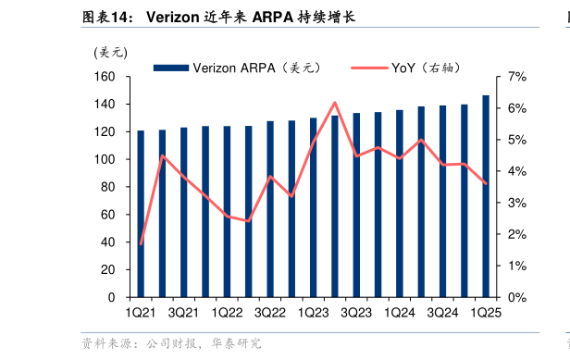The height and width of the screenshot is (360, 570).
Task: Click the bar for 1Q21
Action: click(x=141, y=214)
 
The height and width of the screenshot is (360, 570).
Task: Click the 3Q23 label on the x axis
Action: click(x=356, y=313)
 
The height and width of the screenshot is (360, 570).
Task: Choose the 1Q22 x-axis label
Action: click(x=227, y=313)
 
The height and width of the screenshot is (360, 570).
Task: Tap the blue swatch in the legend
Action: click(x=170, y=68)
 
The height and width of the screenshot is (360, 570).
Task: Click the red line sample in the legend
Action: click(x=372, y=68)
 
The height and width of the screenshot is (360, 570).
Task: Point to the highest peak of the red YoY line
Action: click(x=335, y=103)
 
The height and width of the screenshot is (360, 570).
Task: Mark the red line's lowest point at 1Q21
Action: click(x=141, y=244)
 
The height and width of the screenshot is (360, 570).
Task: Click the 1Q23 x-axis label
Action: click(x=313, y=313)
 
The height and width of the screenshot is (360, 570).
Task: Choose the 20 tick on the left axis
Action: click(x=113, y=270)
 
